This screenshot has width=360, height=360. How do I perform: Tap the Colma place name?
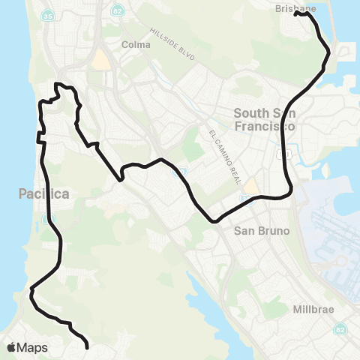tap(136, 44)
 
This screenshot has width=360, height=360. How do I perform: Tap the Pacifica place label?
tap(43, 194)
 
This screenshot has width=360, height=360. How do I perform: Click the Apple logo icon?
tap(11, 348)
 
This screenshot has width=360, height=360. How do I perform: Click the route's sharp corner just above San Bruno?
tap(216, 220)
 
